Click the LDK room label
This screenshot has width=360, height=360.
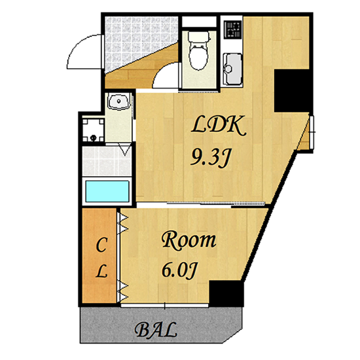tap(219, 125)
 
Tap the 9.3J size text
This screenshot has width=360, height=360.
tap(210, 157)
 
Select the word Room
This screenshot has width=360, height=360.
tap(189, 240)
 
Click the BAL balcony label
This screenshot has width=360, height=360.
tap(156, 330)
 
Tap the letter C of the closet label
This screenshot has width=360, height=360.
tap(101, 245)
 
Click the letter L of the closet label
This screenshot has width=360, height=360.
tap(101, 271)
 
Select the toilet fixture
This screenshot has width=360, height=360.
tap(198, 50)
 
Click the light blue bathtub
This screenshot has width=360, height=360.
tap(107, 192)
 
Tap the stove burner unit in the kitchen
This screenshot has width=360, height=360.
tap(232, 29)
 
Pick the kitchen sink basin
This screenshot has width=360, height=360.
tap(232, 69)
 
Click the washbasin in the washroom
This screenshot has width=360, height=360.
tap(119, 101)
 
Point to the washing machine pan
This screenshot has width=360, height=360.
tap(94, 130)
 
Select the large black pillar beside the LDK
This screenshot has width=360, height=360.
tap(291, 91)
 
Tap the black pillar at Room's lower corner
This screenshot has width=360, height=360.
tap(226, 293)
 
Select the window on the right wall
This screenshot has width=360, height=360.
tap(312, 132)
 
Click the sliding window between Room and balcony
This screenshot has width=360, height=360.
tap(164, 306)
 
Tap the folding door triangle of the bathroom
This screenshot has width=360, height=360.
tap(125, 149)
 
